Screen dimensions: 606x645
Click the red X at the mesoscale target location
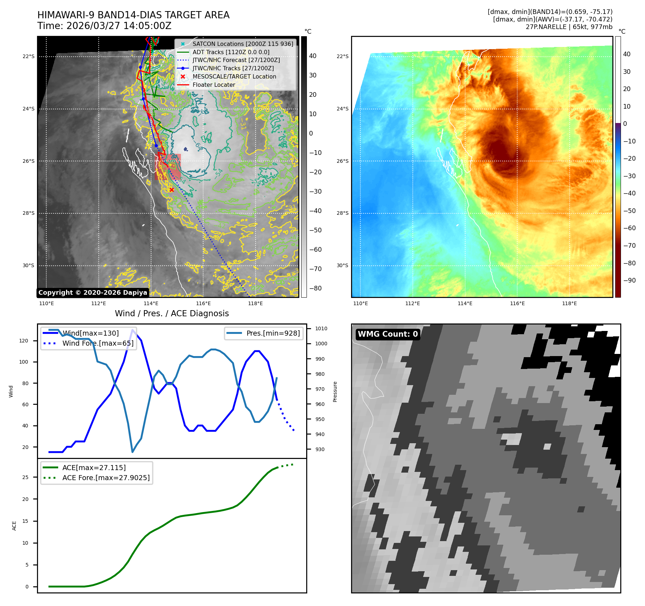click(x=172, y=190)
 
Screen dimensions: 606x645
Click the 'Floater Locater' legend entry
click(x=214, y=85)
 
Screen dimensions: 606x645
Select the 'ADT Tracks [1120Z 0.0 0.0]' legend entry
click(x=230, y=52)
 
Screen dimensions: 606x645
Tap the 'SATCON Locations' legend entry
click(x=243, y=44)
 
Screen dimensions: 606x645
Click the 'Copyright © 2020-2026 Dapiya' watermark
click(x=93, y=293)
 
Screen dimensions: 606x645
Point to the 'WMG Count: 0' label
click(x=388, y=334)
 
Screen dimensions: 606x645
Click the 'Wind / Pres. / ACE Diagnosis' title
click(x=172, y=313)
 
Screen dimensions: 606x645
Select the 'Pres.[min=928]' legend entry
click(x=273, y=333)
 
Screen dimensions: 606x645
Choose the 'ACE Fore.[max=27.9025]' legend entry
click(x=106, y=478)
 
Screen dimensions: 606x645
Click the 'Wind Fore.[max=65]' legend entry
click(x=98, y=343)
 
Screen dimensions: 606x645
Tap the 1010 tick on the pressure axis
click(x=321, y=328)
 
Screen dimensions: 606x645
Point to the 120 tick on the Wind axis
click(x=24, y=341)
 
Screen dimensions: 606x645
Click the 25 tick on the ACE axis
click(x=25, y=477)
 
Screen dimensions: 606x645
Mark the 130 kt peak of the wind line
click(x=133, y=330)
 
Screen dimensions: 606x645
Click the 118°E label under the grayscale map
click(x=255, y=303)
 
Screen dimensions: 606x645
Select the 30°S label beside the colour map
click(x=342, y=265)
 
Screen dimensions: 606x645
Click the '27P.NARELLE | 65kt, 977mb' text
click(x=569, y=27)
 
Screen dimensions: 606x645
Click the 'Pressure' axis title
click(x=335, y=392)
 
